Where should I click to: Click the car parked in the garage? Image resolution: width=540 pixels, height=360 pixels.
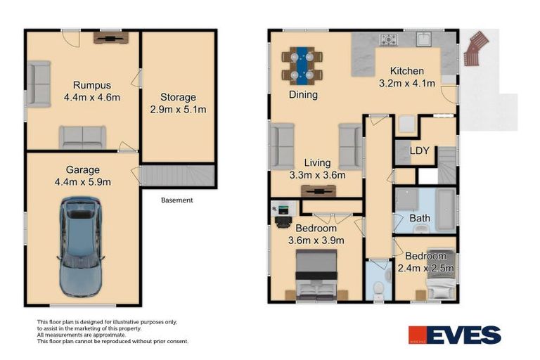82,245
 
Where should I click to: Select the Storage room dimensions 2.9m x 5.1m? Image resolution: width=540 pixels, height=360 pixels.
177,110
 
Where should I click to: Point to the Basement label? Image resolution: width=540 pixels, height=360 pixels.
176,200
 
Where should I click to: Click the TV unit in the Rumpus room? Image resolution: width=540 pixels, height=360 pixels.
109,37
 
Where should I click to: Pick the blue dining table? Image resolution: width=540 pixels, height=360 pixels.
303,63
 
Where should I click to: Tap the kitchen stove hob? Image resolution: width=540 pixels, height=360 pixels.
389,40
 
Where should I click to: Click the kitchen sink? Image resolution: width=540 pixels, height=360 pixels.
423,40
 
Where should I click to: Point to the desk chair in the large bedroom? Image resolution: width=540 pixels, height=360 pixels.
282,222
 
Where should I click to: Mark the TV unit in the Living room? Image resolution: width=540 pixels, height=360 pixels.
318,190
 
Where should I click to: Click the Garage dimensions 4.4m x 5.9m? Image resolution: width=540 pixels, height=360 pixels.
83,182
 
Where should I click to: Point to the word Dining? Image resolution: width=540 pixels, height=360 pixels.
303,94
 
